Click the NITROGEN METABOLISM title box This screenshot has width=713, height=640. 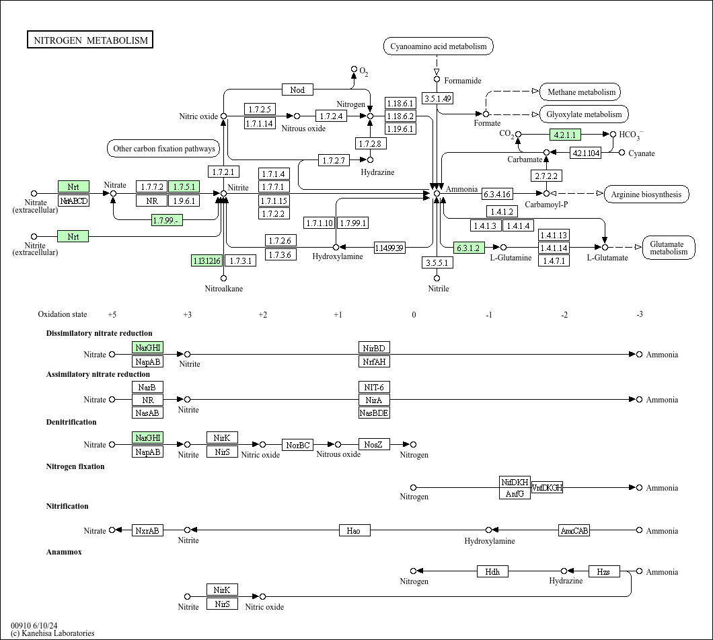point(90,40)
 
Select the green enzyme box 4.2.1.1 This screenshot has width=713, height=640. point(565,134)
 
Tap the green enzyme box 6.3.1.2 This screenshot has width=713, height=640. point(469,247)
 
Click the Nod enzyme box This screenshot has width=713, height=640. point(297,90)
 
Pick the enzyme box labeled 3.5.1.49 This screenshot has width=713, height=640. point(438,98)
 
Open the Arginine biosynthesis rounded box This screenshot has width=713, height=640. point(646,194)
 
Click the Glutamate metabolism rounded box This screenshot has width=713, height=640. point(669,248)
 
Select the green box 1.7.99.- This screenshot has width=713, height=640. point(167,220)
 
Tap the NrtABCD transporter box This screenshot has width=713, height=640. point(73,200)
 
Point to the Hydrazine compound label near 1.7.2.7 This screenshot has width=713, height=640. point(377,172)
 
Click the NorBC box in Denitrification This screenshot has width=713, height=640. point(298,445)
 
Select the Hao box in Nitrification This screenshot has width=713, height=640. point(354,530)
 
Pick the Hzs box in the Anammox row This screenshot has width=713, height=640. point(603,571)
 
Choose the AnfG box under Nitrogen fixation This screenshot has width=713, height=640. point(515,493)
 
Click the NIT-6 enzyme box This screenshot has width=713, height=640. point(374,387)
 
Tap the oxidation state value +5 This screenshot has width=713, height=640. point(112,314)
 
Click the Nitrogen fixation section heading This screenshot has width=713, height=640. point(75,466)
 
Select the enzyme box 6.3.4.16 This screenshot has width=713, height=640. point(497,194)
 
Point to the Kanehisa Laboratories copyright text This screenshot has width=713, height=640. point(52,633)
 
